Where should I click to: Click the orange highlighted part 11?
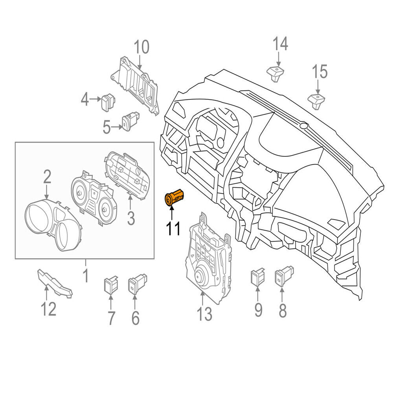click(174, 197)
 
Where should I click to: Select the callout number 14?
click(280, 44)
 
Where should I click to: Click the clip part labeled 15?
click(316, 101)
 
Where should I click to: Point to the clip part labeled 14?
click(275, 73)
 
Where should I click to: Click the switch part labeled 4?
click(108, 102)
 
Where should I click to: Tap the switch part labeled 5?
click(130, 120)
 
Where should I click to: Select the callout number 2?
click(48, 176)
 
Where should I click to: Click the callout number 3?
click(131, 218)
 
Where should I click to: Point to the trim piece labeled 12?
click(55, 283)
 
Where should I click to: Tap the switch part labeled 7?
click(111, 285)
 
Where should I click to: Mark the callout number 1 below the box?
click(85, 275)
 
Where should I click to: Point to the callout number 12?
click(49, 309)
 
